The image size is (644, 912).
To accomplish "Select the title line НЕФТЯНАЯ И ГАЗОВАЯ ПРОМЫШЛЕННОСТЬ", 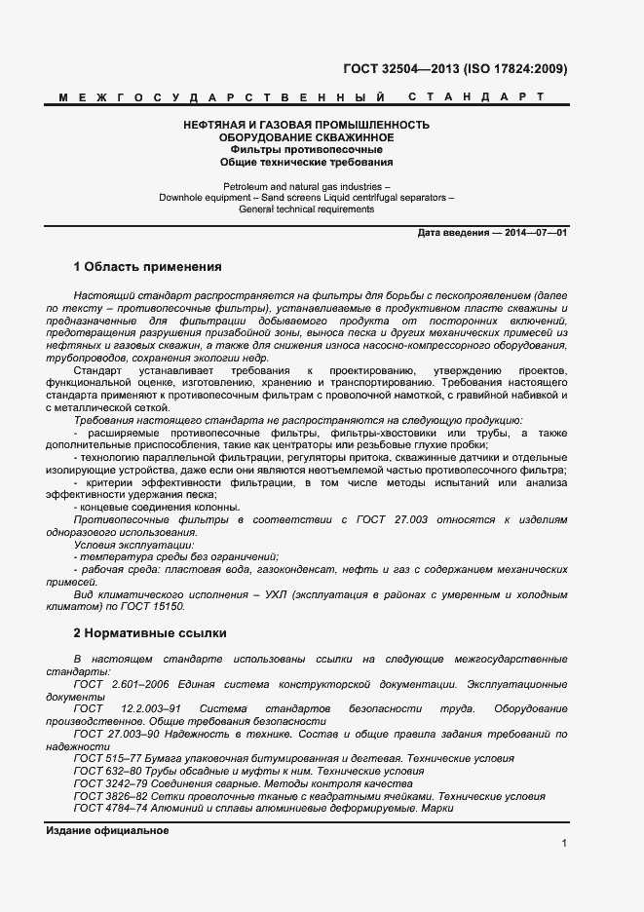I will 307,126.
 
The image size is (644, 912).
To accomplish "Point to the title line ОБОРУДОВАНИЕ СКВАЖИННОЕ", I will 307,138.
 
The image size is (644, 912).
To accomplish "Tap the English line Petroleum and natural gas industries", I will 307,185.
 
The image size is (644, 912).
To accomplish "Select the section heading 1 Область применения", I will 148,266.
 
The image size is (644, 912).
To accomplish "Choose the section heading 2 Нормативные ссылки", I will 149,632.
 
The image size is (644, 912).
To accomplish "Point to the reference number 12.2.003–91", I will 150,708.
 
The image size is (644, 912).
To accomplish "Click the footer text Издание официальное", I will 108,831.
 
